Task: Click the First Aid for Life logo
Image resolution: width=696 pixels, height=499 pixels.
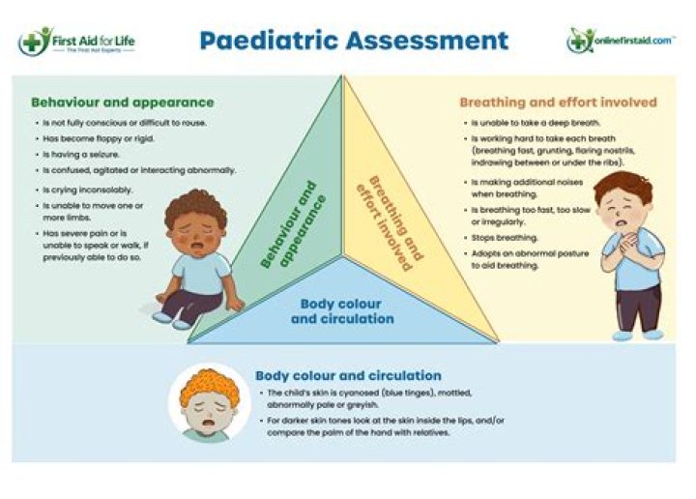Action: click(76, 42)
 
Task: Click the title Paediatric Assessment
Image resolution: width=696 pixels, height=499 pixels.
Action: click(354, 41)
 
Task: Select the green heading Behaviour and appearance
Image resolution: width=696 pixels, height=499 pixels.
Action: click(122, 102)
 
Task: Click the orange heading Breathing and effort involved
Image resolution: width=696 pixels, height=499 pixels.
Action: click(558, 102)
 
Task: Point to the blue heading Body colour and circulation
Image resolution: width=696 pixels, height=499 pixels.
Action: click(348, 375)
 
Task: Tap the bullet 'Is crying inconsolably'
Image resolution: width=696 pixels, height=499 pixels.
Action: click(88, 190)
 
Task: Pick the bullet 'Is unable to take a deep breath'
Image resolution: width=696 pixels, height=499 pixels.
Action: click(536, 123)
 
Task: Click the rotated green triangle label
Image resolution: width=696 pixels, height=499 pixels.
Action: click(294, 223)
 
